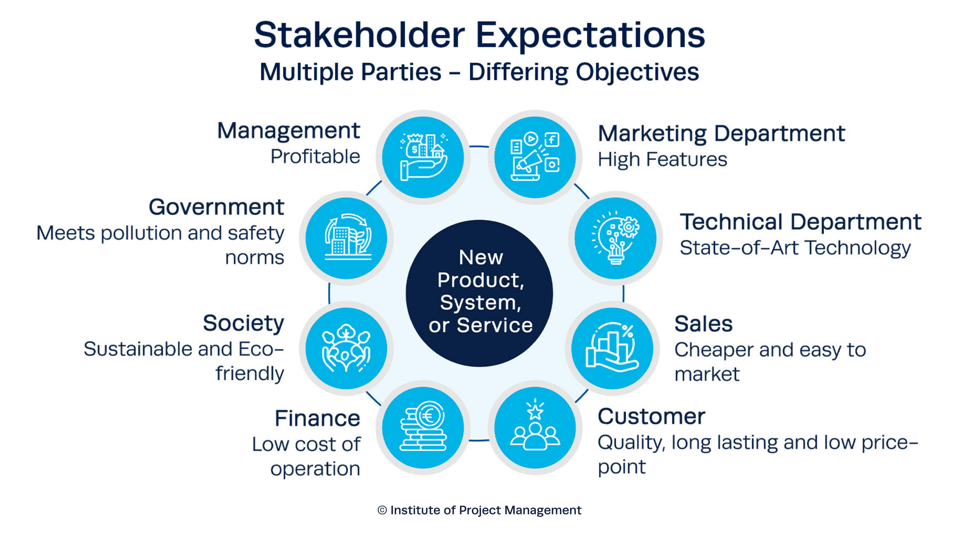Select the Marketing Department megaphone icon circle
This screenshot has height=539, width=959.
(x=535, y=157)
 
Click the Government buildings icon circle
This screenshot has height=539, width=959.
(x=346, y=238)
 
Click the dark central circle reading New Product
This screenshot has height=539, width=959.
(x=479, y=293)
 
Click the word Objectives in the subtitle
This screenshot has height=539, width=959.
(x=637, y=72)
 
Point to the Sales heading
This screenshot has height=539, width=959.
(x=703, y=324)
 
